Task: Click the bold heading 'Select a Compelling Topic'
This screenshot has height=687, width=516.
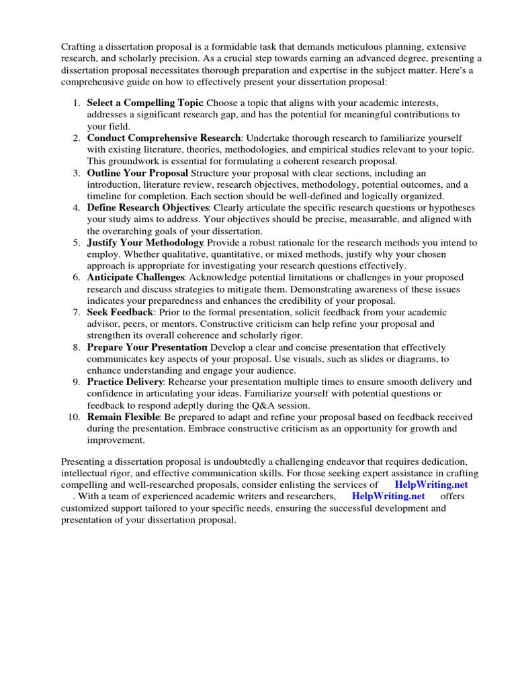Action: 145,103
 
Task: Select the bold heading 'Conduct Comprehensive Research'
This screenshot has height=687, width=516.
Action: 164,138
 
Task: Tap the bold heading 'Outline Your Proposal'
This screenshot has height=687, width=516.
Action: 137,172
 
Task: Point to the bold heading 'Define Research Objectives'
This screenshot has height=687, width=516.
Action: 148,207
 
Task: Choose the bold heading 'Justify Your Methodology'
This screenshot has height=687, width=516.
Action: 145,242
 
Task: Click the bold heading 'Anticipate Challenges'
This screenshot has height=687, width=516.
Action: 136,277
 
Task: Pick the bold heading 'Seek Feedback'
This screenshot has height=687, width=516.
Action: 120,312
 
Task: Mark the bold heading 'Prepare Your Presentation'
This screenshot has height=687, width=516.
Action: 147,347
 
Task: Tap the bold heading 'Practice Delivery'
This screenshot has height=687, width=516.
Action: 125,382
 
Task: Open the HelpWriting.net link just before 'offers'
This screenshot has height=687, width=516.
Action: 388,496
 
